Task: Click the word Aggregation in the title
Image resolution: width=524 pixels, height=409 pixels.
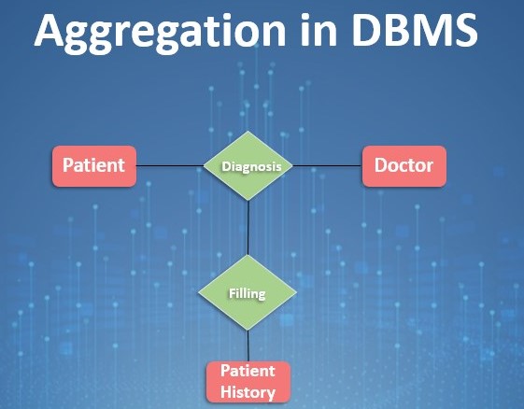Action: pyautogui.click(x=160, y=32)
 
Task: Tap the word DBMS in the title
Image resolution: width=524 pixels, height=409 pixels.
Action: pyautogui.click(x=415, y=29)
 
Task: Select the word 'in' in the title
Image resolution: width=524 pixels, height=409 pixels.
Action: pyautogui.click(x=319, y=29)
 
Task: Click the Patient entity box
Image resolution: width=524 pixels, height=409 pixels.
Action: pyautogui.click(x=94, y=166)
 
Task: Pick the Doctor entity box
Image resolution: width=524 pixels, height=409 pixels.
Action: pyautogui.click(x=404, y=166)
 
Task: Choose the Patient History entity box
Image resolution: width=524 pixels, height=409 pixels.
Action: pyautogui.click(x=248, y=382)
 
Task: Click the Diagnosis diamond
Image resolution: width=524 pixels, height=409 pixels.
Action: pyautogui.click(x=248, y=165)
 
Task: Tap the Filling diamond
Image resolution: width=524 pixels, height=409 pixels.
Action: pyautogui.click(x=248, y=292)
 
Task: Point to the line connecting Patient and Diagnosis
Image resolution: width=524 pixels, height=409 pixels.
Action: pyautogui.click(x=170, y=165)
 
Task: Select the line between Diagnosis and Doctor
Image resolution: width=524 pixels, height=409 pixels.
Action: pyautogui.click(x=327, y=165)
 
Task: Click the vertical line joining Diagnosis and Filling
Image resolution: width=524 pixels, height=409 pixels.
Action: pyautogui.click(x=248, y=228)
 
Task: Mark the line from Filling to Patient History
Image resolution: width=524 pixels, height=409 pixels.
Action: pyautogui.click(x=248, y=346)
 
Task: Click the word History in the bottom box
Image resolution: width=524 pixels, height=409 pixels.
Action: pyautogui.click(x=248, y=392)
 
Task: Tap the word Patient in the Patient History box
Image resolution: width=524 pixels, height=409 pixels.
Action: pyautogui.click(x=248, y=371)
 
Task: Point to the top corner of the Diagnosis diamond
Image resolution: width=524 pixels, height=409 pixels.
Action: pyautogui.click(x=248, y=131)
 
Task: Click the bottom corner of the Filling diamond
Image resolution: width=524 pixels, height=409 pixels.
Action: pyautogui.click(x=248, y=331)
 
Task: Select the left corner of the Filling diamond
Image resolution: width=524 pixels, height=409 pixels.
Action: pyautogui.click(x=198, y=292)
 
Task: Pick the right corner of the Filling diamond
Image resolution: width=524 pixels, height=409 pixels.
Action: pyautogui.click(x=296, y=292)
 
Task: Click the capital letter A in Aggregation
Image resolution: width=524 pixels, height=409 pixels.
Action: pyautogui.click(x=49, y=30)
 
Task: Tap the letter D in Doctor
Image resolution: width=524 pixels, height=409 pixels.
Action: pyautogui.click(x=381, y=165)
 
